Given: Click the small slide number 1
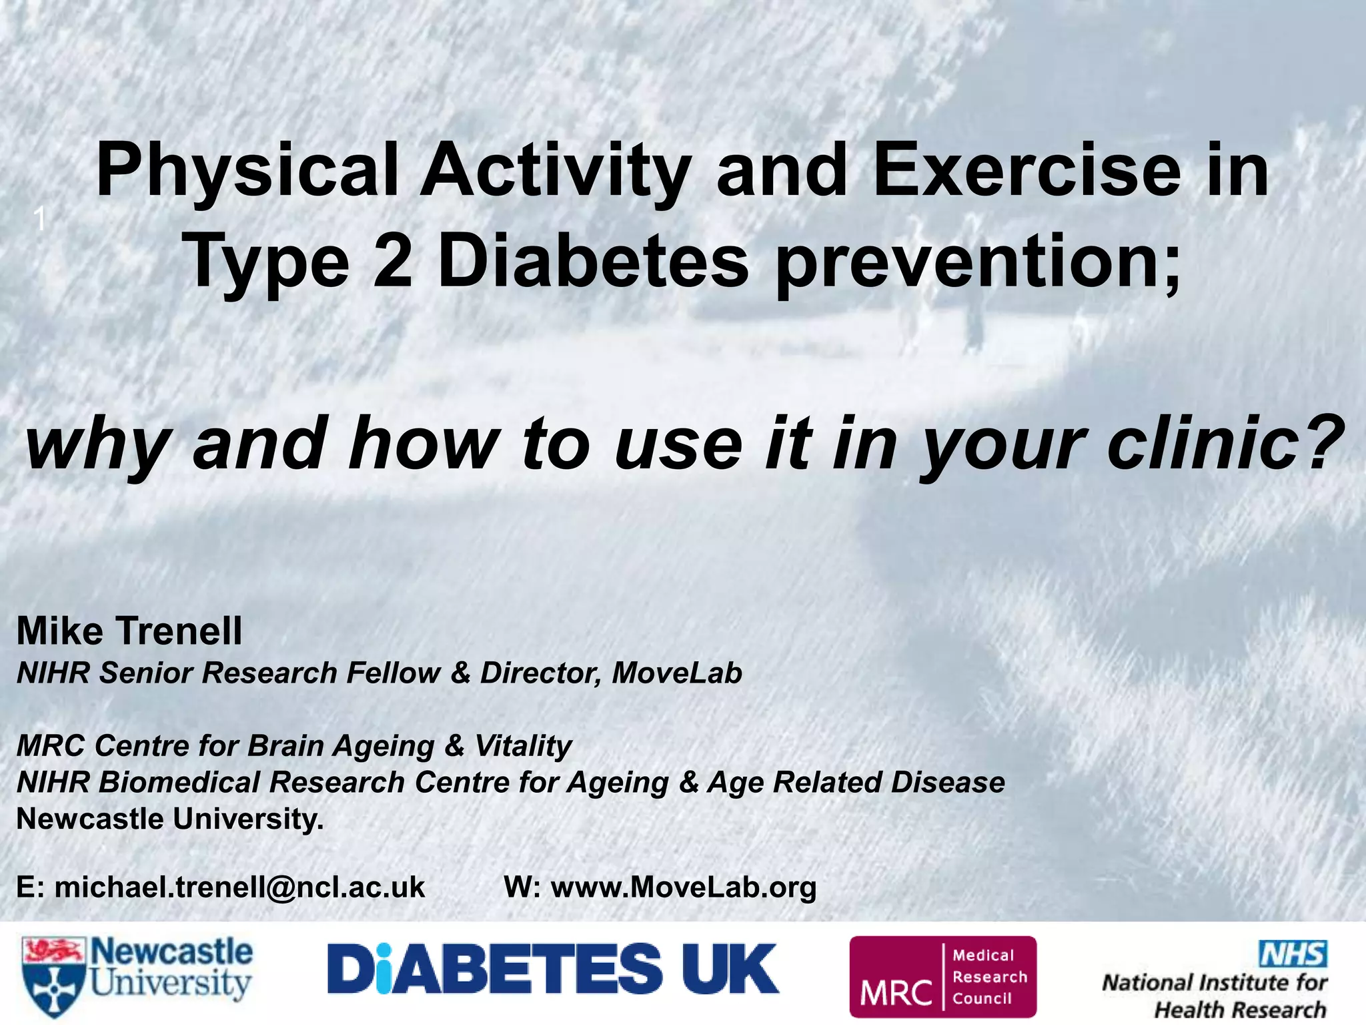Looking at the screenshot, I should click(x=40, y=219).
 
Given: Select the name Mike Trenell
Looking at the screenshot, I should click(x=129, y=631).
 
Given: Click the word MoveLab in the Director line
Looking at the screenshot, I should click(x=676, y=673).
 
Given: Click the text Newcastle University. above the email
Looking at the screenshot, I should click(x=170, y=819).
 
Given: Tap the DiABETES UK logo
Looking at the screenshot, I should click(x=552, y=968).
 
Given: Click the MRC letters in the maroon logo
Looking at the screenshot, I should click(x=896, y=992).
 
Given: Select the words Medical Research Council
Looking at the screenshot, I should click(x=989, y=977).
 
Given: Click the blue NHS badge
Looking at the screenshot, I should click(x=1292, y=954).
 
